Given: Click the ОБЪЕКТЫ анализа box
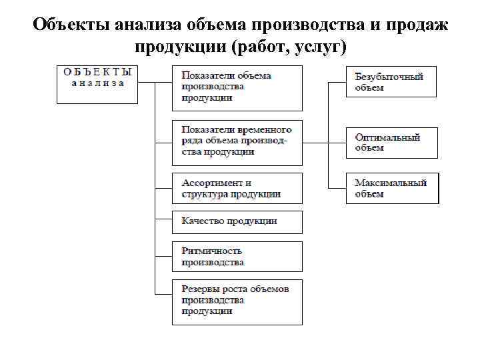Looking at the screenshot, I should [97, 83].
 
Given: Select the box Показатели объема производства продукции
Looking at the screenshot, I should [237, 87].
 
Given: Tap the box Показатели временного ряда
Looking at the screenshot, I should [237, 141].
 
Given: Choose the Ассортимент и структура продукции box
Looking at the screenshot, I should [237, 188].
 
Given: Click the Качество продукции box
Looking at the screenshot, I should [237, 221].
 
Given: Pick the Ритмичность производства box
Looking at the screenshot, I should [237, 257].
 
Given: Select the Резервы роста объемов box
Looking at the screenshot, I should [237, 301].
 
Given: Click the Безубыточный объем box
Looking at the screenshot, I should [391, 81].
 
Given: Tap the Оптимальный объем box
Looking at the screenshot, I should [391, 142].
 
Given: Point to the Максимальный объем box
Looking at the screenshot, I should [392, 188].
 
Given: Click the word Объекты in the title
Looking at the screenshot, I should [71, 25].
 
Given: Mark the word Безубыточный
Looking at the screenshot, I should [389, 77].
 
